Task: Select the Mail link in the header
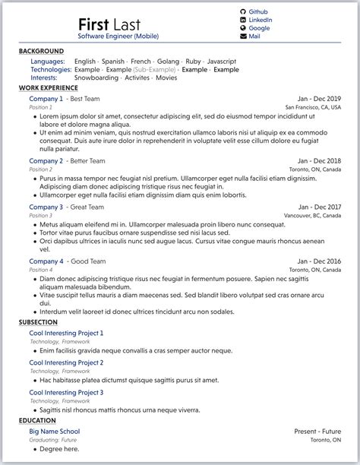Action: click(254, 36)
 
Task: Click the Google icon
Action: click(243, 28)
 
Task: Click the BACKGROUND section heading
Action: click(42, 51)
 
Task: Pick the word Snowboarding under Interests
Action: click(96, 77)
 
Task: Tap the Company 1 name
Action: click(46, 99)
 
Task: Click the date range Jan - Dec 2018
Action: click(319, 161)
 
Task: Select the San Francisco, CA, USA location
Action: click(313, 108)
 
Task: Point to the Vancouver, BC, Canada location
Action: click(312, 216)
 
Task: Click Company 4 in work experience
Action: click(46, 261)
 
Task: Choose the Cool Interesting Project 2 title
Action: click(66, 362)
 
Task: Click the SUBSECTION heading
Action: click(38, 322)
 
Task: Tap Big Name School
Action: click(54, 431)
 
